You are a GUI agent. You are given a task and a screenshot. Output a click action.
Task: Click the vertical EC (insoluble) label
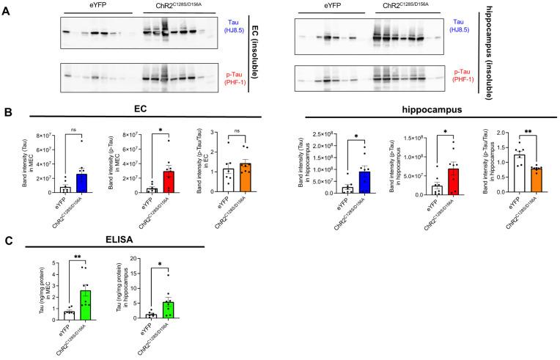click(259, 52)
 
